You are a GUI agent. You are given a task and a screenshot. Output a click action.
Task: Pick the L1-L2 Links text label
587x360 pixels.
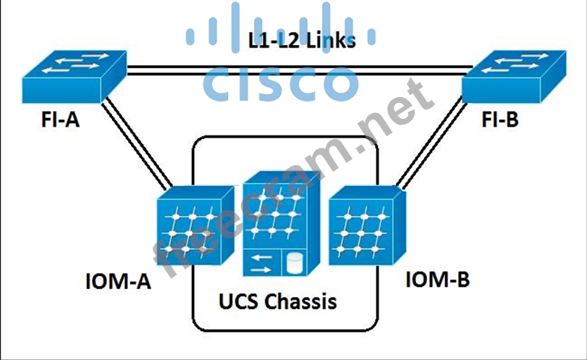tap(303, 41)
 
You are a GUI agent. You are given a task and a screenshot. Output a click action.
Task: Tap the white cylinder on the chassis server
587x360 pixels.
tap(294, 262)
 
